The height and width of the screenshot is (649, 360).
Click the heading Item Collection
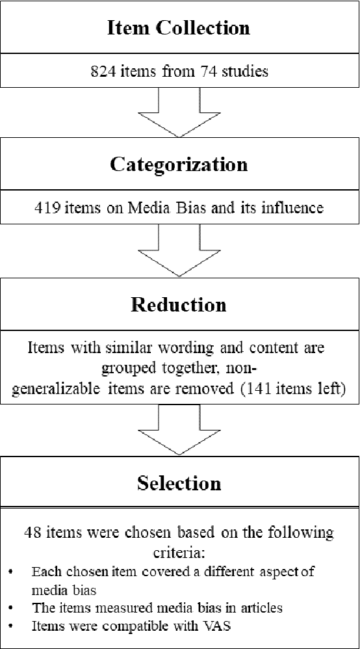pyautogui.click(x=179, y=27)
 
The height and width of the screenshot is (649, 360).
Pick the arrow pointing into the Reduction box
pyautogui.click(x=179, y=251)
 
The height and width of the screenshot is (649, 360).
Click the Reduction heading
pyautogui.click(x=179, y=304)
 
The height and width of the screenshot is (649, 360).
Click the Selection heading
pyautogui.click(x=179, y=483)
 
